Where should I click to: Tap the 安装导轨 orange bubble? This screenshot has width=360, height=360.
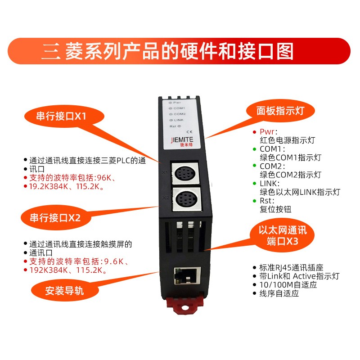65,291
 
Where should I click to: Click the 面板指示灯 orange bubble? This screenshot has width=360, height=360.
280,111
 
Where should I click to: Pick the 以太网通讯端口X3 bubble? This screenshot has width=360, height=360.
283,236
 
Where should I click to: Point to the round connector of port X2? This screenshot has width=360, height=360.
186,199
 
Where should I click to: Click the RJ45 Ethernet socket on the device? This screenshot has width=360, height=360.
187,276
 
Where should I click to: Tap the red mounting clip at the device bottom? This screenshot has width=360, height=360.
185,302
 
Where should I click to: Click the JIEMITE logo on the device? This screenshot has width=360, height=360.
182,140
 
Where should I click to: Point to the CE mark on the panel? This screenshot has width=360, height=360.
189,132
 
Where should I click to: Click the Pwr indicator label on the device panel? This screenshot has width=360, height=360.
177,103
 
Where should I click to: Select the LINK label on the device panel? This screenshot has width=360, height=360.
179,120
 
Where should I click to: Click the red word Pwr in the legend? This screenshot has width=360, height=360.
267,132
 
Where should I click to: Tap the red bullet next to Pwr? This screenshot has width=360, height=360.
254,132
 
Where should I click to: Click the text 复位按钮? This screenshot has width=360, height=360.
275,209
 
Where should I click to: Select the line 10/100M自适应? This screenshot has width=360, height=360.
288,285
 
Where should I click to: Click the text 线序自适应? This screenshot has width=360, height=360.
279,293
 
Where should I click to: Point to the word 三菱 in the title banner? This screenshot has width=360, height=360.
62,51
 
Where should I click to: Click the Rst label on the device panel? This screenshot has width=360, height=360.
173,126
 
